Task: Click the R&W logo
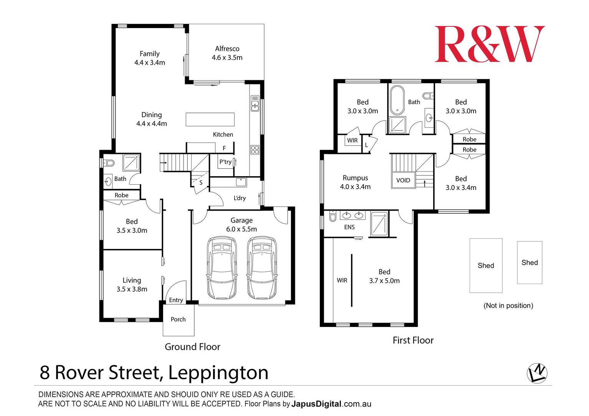(x=489, y=44)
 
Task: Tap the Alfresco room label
(x=227, y=49)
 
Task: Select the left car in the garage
(x=222, y=267)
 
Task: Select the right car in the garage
(x=261, y=267)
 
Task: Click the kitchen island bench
(x=210, y=119)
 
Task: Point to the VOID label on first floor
(x=403, y=180)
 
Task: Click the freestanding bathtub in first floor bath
(x=397, y=100)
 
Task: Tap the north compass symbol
(x=537, y=373)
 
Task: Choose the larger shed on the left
(x=486, y=266)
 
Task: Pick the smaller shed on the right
(x=529, y=262)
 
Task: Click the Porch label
(x=178, y=319)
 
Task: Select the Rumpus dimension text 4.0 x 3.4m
(x=355, y=187)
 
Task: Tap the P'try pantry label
(x=225, y=162)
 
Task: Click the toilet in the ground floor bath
(x=109, y=163)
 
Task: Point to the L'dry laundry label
(x=240, y=198)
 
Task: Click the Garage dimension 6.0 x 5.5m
(x=242, y=229)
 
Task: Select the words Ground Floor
(x=192, y=347)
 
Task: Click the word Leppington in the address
(x=218, y=373)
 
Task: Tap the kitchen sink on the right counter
(x=255, y=104)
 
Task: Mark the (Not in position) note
(x=508, y=305)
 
